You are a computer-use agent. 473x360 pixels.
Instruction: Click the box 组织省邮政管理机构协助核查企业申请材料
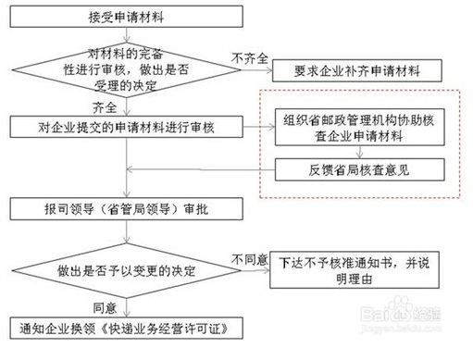[358, 130]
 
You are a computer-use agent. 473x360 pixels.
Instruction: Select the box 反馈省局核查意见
[358, 169]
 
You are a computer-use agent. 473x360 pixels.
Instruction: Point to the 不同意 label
[250, 257]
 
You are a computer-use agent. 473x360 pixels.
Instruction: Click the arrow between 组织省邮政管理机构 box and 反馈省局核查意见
[358, 152]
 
